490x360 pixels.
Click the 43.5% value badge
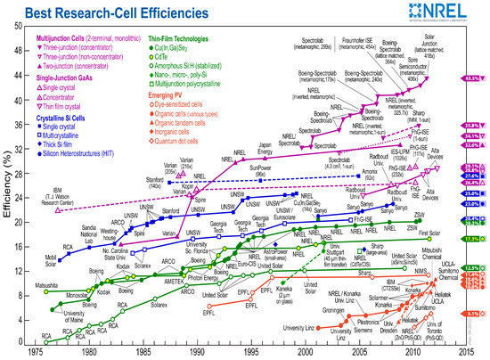tap(472, 79)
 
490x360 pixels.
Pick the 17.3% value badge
tap(472, 240)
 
